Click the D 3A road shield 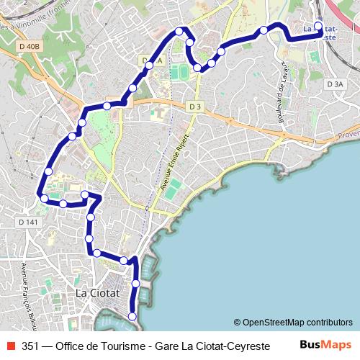pyautogui.click(x=336, y=84)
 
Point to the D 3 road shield pyautogui.click(x=194, y=107)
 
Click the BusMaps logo pyautogui.click(x=325, y=345)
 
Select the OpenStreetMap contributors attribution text pyautogui.click(x=293, y=323)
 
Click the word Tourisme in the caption pyautogui.click(x=115, y=346)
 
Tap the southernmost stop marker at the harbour pyautogui.click(x=132, y=316)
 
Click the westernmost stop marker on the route pyautogui.click(x=44, y=197)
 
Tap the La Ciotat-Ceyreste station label pyautogui.click(x=321, y=33)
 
